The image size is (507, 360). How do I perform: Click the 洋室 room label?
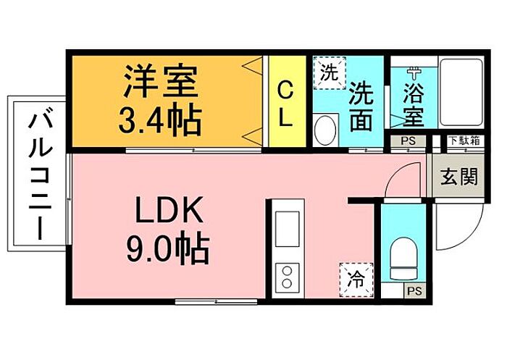click(x=160, y=82)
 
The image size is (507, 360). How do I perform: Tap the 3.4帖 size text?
click(x=160, y=119)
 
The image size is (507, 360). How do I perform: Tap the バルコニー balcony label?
click(x=40, y=176)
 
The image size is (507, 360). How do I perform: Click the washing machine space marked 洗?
click(x=330, y=72)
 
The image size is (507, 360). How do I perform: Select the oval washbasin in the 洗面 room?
click(x=325, y=130)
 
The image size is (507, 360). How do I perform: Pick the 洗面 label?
click(x=361, y=106)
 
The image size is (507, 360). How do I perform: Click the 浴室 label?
click(x=414, y=105)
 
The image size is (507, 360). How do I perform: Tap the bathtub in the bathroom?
click(x=461, y=92)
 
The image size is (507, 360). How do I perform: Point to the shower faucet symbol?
click(x=414, y=74)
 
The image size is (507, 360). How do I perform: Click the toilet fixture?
click(x=403, y=259)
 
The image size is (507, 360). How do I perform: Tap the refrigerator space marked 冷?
click(x=356, y=280)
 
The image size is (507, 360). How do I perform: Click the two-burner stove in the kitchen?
click(x=287, y=277)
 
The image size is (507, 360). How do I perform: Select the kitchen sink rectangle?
click(x=287, y=229)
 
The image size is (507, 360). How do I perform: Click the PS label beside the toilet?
click(x=414, y=291)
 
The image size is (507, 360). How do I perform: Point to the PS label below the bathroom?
click(x=408, y=141)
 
